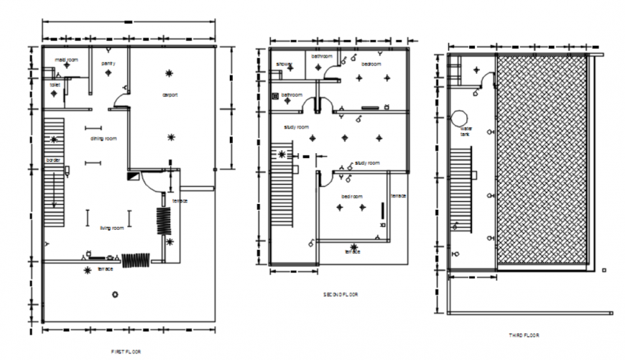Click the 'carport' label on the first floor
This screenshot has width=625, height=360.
coord(170,94)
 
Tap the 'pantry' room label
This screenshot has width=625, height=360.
coord(108,63)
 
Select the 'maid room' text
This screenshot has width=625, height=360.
coord(67,58)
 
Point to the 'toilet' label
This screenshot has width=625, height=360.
coord(55,85)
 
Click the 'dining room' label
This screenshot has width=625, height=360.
coord(103,138)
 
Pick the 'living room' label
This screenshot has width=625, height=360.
coord(111,228)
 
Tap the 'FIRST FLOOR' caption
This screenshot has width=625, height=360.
coord(126,351)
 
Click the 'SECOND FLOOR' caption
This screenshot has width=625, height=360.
coord(341,295)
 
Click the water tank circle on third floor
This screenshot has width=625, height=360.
coord(460,118)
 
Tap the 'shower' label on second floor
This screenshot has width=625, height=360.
coord(284,64)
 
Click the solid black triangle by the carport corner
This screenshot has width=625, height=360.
coord(132,175)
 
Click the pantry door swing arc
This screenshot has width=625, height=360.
coord(123,87)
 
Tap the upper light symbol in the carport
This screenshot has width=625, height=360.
coord(170,73)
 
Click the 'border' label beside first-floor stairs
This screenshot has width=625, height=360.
coord(52,160)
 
